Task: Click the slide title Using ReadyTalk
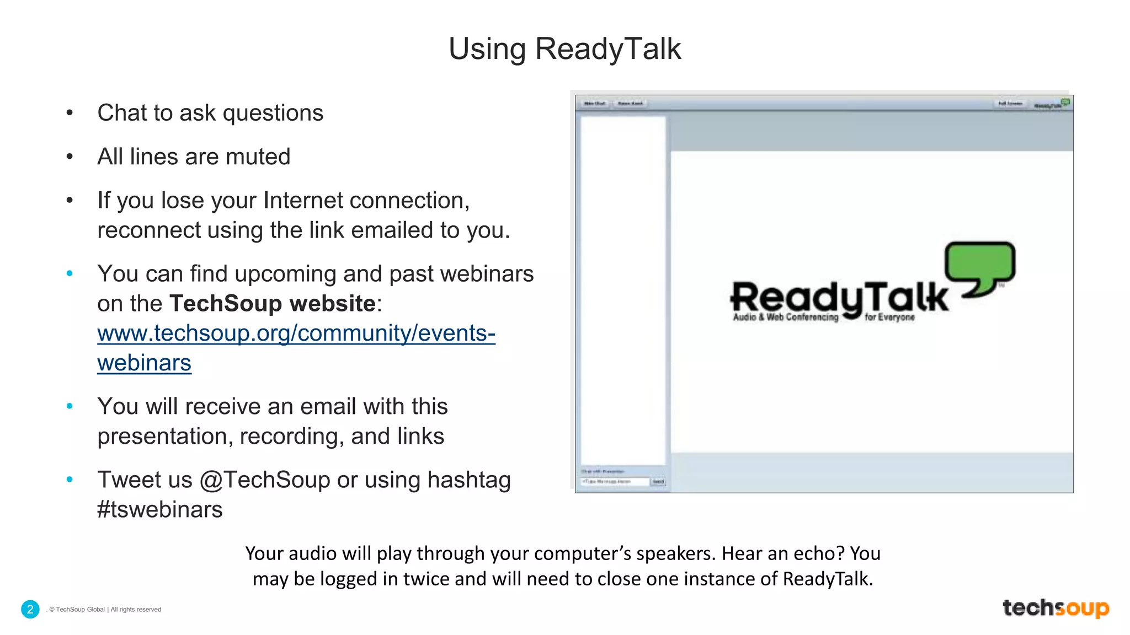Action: click(564, 49)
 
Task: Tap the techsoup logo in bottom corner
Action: click(1055, 607)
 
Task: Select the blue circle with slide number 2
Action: click(30, 609)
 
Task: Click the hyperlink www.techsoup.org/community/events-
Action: click(296, 333)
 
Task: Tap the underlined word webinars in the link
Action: click(144, 363)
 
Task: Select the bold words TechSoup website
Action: click(273, 304)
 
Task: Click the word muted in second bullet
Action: click(258, 157)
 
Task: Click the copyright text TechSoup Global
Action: click(80, 610)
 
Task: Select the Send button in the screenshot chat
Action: click(658, 482)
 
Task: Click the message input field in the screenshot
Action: click(614, 482)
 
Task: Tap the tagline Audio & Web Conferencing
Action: click(785, 317)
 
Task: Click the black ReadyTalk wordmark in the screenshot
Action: click(839, 298)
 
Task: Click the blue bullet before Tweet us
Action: click(70, 480)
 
